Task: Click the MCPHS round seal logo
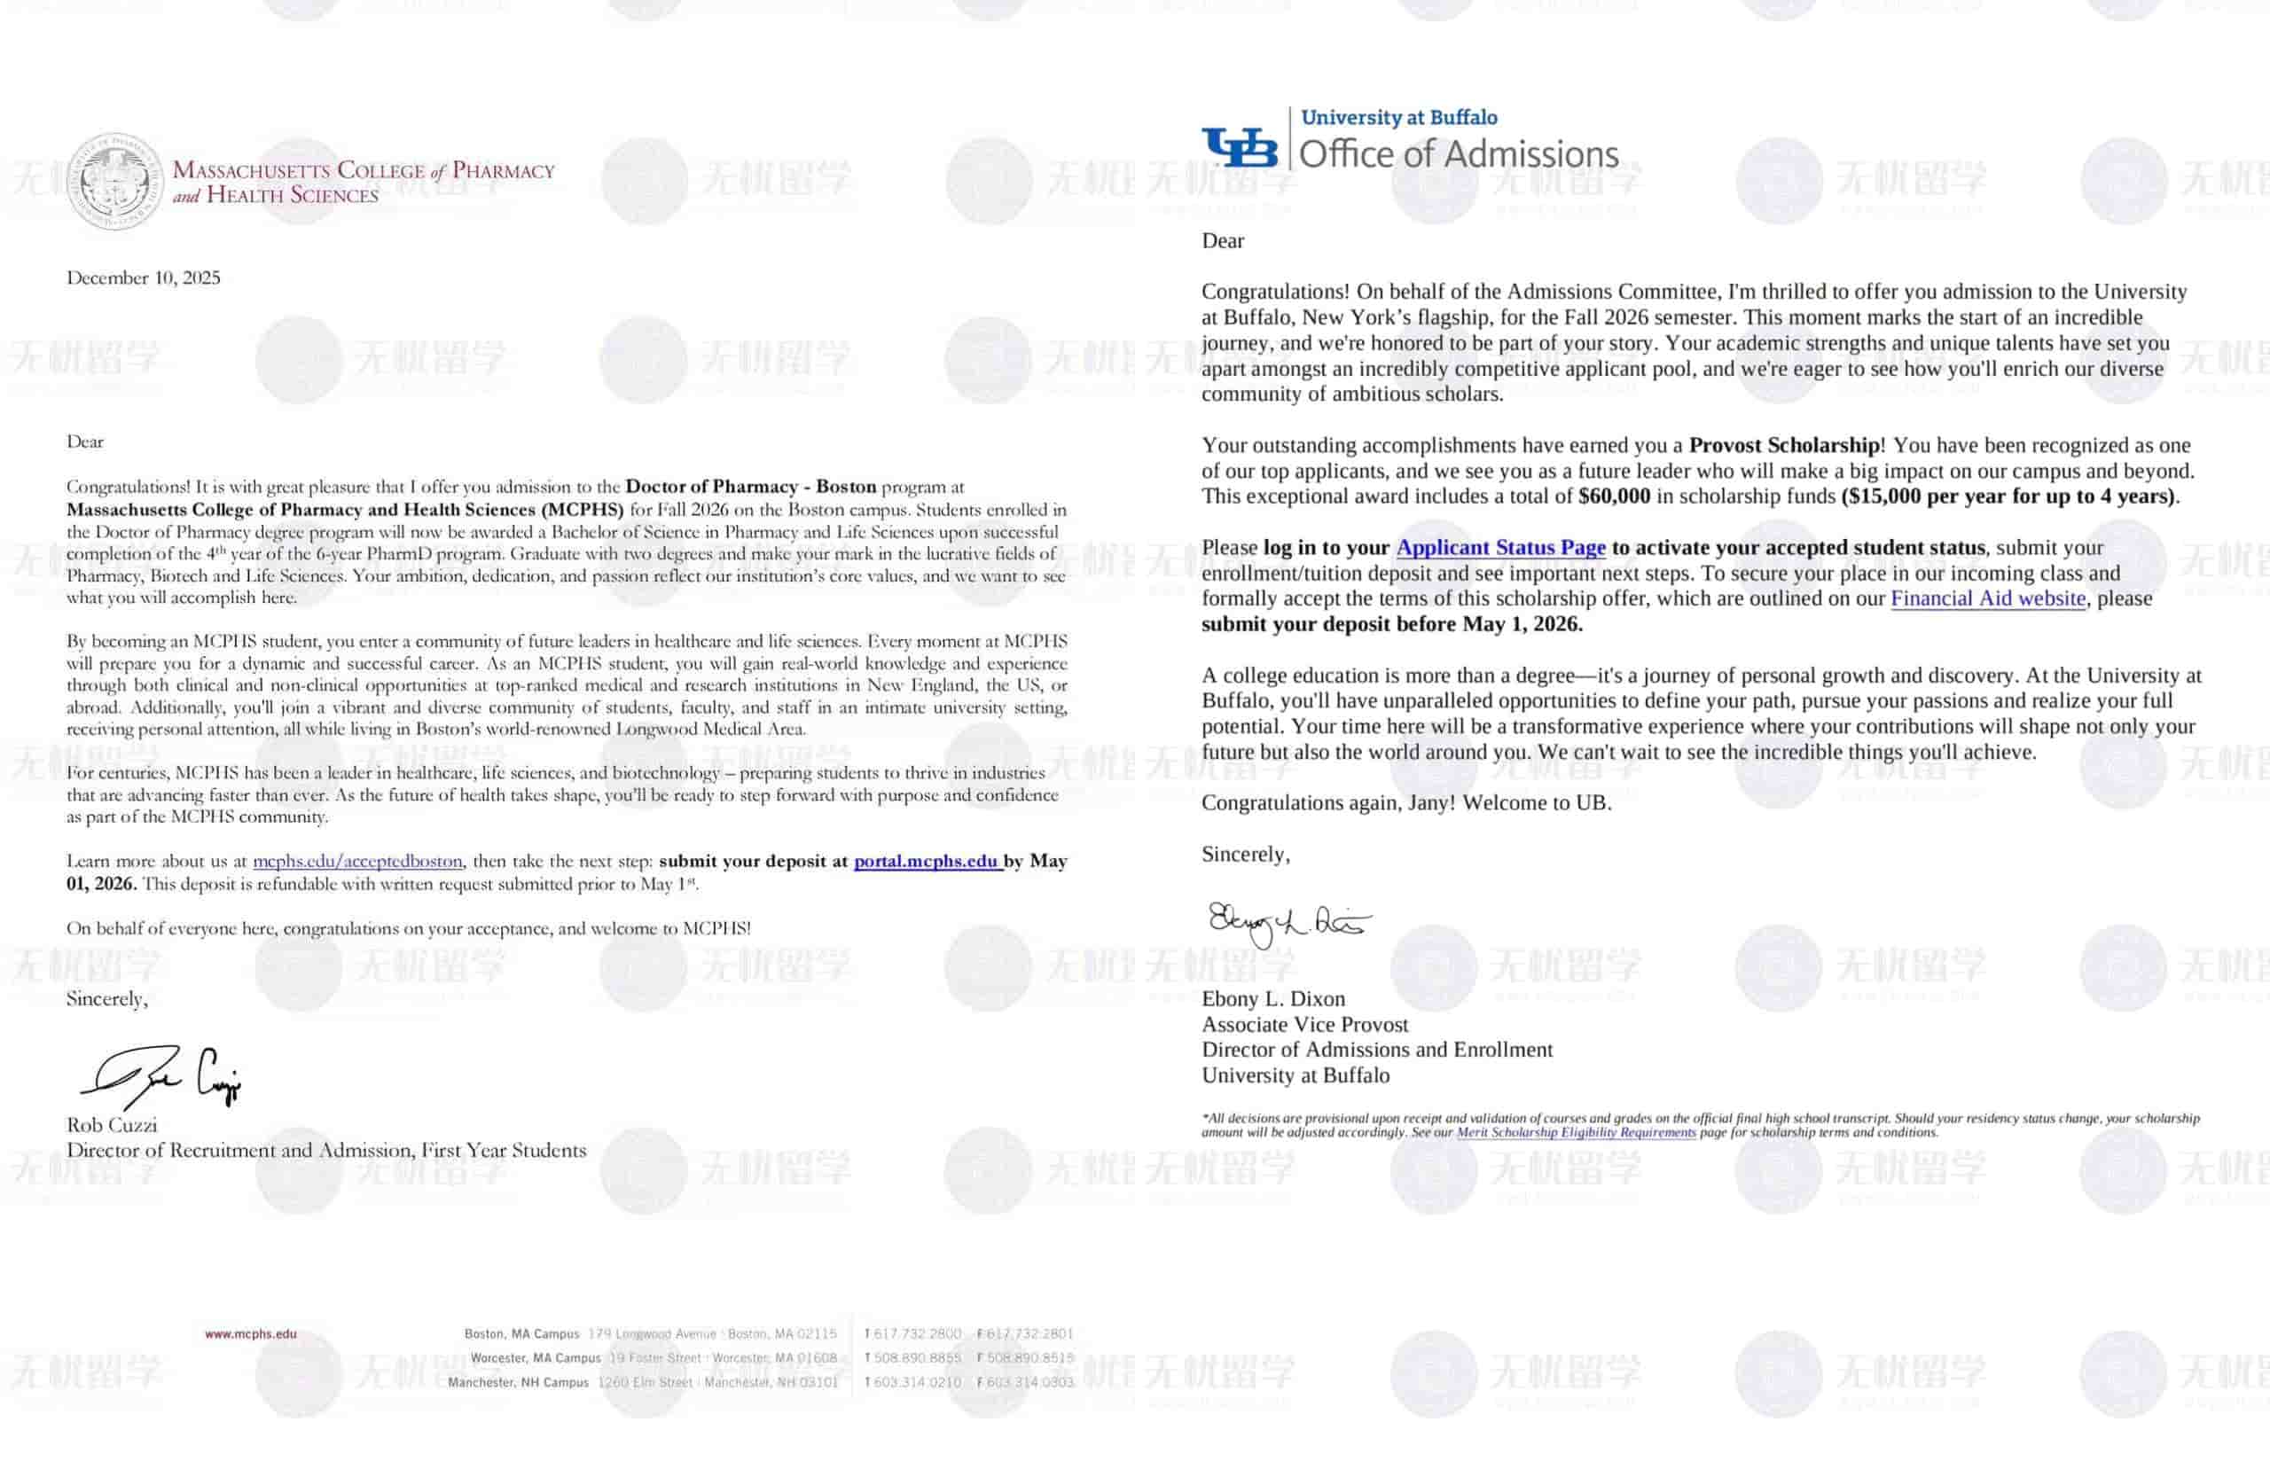coord(115,181)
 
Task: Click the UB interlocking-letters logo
coord(1239,148)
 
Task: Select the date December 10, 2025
coord(143,277)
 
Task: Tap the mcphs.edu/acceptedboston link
coord(357,862)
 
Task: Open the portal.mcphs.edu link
coord(926,862)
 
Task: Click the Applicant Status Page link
coord(1500,548)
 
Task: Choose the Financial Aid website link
coord(1988,599)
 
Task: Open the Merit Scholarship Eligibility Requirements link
coord(1576,1132)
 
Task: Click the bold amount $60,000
coord(1614,496)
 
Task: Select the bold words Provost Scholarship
coord(1783,445)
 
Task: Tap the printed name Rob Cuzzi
coord(112,1126)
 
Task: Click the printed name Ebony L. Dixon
coord(1273,999)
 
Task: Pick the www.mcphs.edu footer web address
coord(251,1334)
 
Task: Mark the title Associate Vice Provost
coord(1304,1025)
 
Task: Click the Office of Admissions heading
coord(1459,154)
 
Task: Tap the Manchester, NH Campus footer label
coord(518,1382)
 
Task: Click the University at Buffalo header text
coord(1399,117)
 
